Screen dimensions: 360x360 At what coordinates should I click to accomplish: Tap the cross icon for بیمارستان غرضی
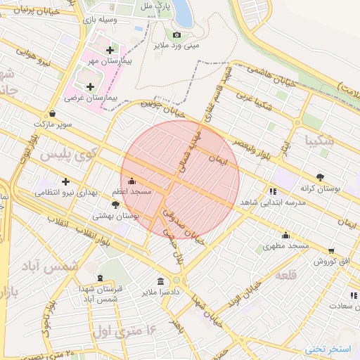coord(90,86)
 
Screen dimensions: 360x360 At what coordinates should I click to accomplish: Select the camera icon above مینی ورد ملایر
coord(176,35)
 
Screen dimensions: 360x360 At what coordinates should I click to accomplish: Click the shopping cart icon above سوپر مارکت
coord(53,112)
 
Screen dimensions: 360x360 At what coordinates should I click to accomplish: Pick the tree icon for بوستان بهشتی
coord(115,205)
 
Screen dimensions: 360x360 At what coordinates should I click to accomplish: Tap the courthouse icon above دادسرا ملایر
coord(162,281)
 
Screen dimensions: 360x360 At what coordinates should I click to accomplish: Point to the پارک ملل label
coord(155,6)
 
